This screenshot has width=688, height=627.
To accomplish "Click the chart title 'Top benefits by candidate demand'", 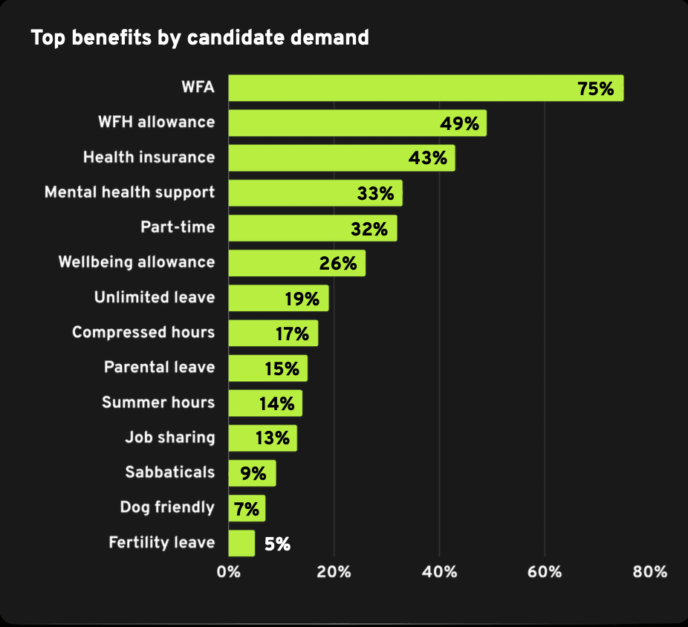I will [199, 37].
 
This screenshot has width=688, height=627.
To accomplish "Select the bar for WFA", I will [425, 88].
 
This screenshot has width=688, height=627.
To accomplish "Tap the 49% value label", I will [459, 123].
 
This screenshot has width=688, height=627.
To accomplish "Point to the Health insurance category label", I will [149, 157].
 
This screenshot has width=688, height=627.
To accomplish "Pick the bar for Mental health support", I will [315, 193].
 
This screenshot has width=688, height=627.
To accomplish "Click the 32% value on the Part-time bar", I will [369, 229].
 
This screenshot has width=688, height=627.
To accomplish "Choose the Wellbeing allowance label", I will [137, 262].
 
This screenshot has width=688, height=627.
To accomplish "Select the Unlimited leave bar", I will [278, 298].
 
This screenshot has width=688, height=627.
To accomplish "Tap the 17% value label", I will [291, 334].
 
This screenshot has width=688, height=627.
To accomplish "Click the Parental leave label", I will [159, 367].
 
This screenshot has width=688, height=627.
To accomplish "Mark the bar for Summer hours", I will [265, 403].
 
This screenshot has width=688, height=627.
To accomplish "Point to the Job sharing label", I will [169, 438].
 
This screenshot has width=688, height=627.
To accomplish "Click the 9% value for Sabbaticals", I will [257, 473].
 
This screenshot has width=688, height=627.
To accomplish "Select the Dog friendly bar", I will [246, 508].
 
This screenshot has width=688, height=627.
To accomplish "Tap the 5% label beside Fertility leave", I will [276, 544].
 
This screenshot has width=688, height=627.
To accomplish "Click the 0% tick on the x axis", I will [228, 572].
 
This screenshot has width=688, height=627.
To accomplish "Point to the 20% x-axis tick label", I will [334, 572].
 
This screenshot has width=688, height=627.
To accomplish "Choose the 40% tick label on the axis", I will [439, 572].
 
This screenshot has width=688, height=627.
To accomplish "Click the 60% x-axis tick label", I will [545, 572].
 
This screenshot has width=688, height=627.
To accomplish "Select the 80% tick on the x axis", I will [650, 572].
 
